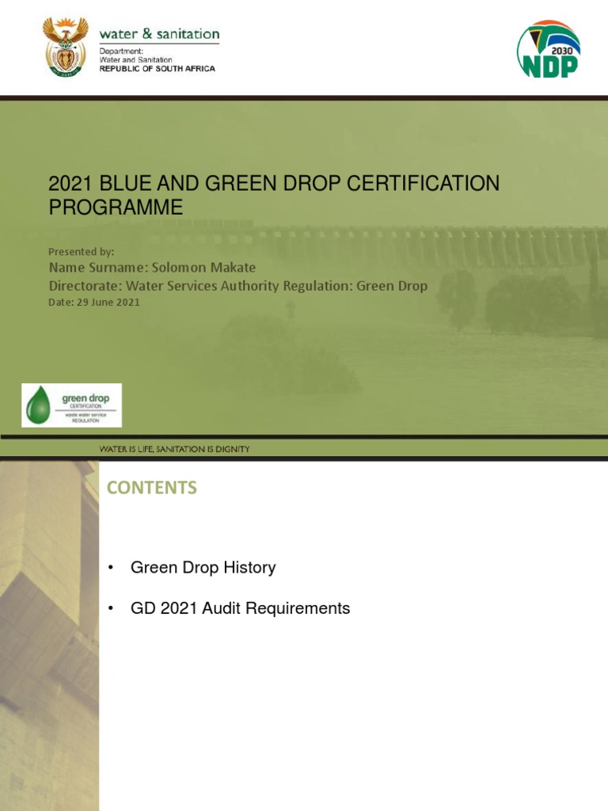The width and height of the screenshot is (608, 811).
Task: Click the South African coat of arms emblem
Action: (65, 47)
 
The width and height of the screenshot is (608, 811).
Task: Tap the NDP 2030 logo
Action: (548, 51)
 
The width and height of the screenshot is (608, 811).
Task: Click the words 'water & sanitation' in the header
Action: (158, 34)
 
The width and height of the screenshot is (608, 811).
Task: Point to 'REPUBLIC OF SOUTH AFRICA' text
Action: (157, 69)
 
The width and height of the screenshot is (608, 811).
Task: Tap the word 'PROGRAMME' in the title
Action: (116, 208)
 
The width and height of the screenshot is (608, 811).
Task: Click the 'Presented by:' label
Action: (82, 251)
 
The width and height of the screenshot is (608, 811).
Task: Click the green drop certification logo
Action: (71, 405)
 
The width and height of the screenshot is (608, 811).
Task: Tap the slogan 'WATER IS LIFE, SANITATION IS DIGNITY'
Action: (174, 449)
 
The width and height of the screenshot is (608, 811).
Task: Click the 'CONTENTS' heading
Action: (151, 488)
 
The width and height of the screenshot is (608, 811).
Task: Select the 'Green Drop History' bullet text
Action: (203, 567)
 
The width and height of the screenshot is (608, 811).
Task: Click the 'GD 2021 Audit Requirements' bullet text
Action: (240, 608)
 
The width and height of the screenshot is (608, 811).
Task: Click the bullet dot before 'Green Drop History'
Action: (111, 568)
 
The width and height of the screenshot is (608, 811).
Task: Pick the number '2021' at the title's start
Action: (70, 184)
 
